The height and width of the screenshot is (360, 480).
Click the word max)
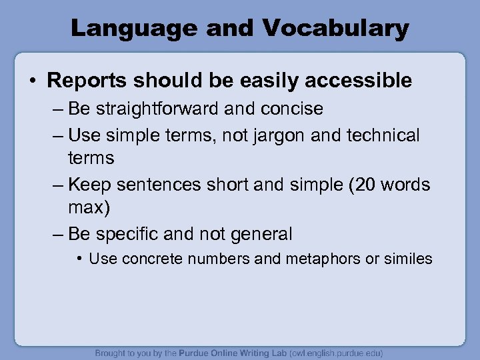[89, 208]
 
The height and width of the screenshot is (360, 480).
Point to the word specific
[130, 234]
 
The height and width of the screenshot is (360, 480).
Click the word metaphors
[317, 259]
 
